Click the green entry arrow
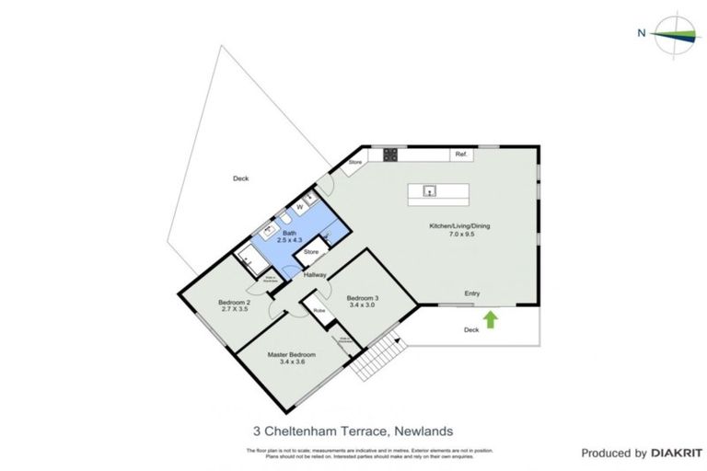point(491,319)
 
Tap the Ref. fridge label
point(461,155)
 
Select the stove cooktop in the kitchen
point(389,155)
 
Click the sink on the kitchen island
point(429,191)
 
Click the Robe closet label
point(319,311)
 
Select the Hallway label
point(317,273)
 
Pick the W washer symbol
point(299,206)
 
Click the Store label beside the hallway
point(311,251)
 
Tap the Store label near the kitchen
point(355,164)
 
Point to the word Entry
point(471,293)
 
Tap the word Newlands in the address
point(424,430)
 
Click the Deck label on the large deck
point(240,178)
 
